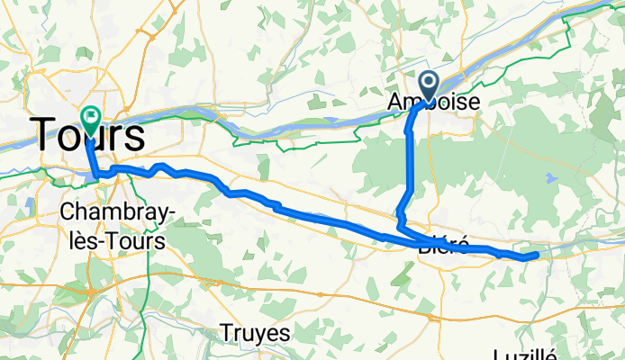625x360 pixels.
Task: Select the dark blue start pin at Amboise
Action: (429, 86)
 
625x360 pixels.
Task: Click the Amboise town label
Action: (434, 100)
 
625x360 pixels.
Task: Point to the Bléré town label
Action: (444, 245)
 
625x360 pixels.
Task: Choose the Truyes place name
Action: (257, 333)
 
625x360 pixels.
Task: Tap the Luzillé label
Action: (528, 354)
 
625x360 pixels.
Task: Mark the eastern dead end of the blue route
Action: (537, 256)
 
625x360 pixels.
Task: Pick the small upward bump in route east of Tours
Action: (159, 166)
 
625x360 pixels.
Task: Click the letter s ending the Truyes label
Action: (285, 333)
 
